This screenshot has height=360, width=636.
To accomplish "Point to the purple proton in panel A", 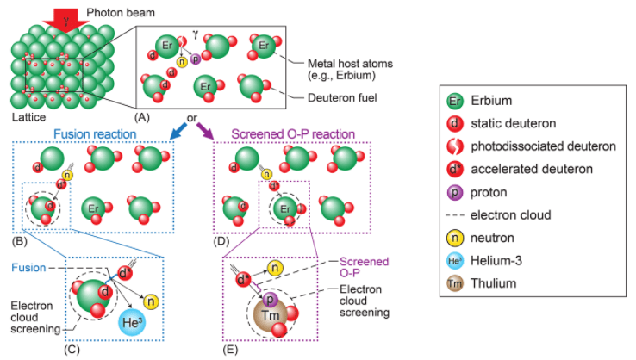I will (x=194, y=59).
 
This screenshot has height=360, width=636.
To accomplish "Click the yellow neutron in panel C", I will (x=152, y=301).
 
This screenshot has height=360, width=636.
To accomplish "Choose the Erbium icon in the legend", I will (x=454, y=101).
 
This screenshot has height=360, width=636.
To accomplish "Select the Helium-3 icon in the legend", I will (x=454, y=258).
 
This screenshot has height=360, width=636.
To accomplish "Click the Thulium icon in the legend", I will (x=454, y=281).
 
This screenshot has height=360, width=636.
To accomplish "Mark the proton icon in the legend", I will (x=454, y=191).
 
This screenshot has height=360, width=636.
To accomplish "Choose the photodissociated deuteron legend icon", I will (x=454, y=146).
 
